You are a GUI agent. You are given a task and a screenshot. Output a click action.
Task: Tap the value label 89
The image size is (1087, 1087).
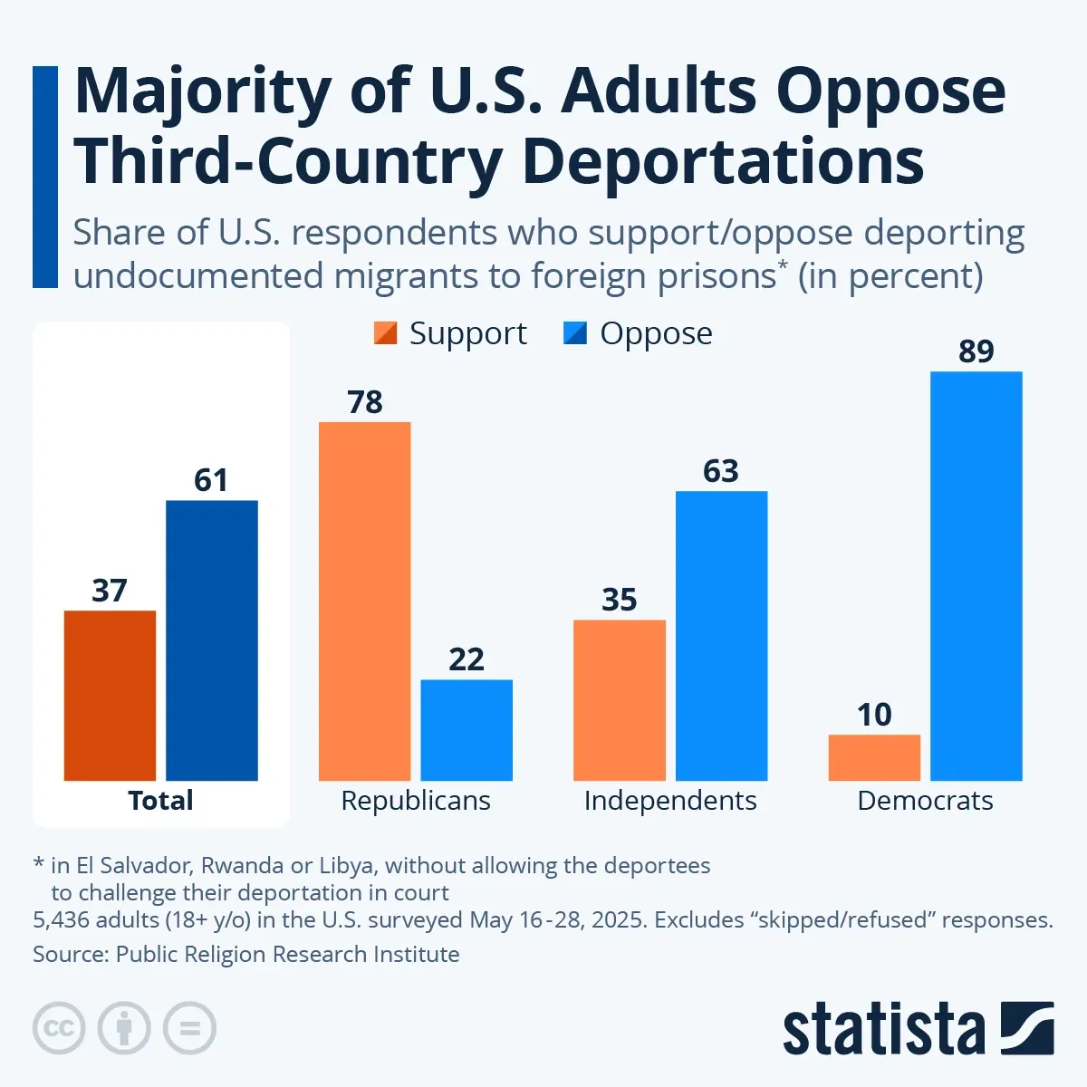pos(976,351)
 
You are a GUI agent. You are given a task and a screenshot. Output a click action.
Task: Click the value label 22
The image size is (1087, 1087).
pos(467,659)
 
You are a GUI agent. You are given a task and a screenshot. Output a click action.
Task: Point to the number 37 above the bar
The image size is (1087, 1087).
pos(110,591)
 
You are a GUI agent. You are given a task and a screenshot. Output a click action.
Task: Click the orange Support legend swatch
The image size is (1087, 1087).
pos(385,333)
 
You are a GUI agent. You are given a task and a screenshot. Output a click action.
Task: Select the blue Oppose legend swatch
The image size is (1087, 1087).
pos(575,333)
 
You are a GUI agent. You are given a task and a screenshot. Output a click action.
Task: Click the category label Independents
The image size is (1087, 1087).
pos(670,801)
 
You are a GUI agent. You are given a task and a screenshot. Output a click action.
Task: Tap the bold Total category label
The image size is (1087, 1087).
pos(160,801)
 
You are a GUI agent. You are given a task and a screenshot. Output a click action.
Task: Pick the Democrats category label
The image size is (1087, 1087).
pos(925,801)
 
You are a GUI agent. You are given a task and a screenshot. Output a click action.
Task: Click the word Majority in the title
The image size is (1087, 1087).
pos(203,92)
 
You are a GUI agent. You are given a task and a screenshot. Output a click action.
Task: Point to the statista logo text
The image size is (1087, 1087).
pos(883,1030)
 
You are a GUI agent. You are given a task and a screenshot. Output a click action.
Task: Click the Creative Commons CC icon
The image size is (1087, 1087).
pos(59,1028)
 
